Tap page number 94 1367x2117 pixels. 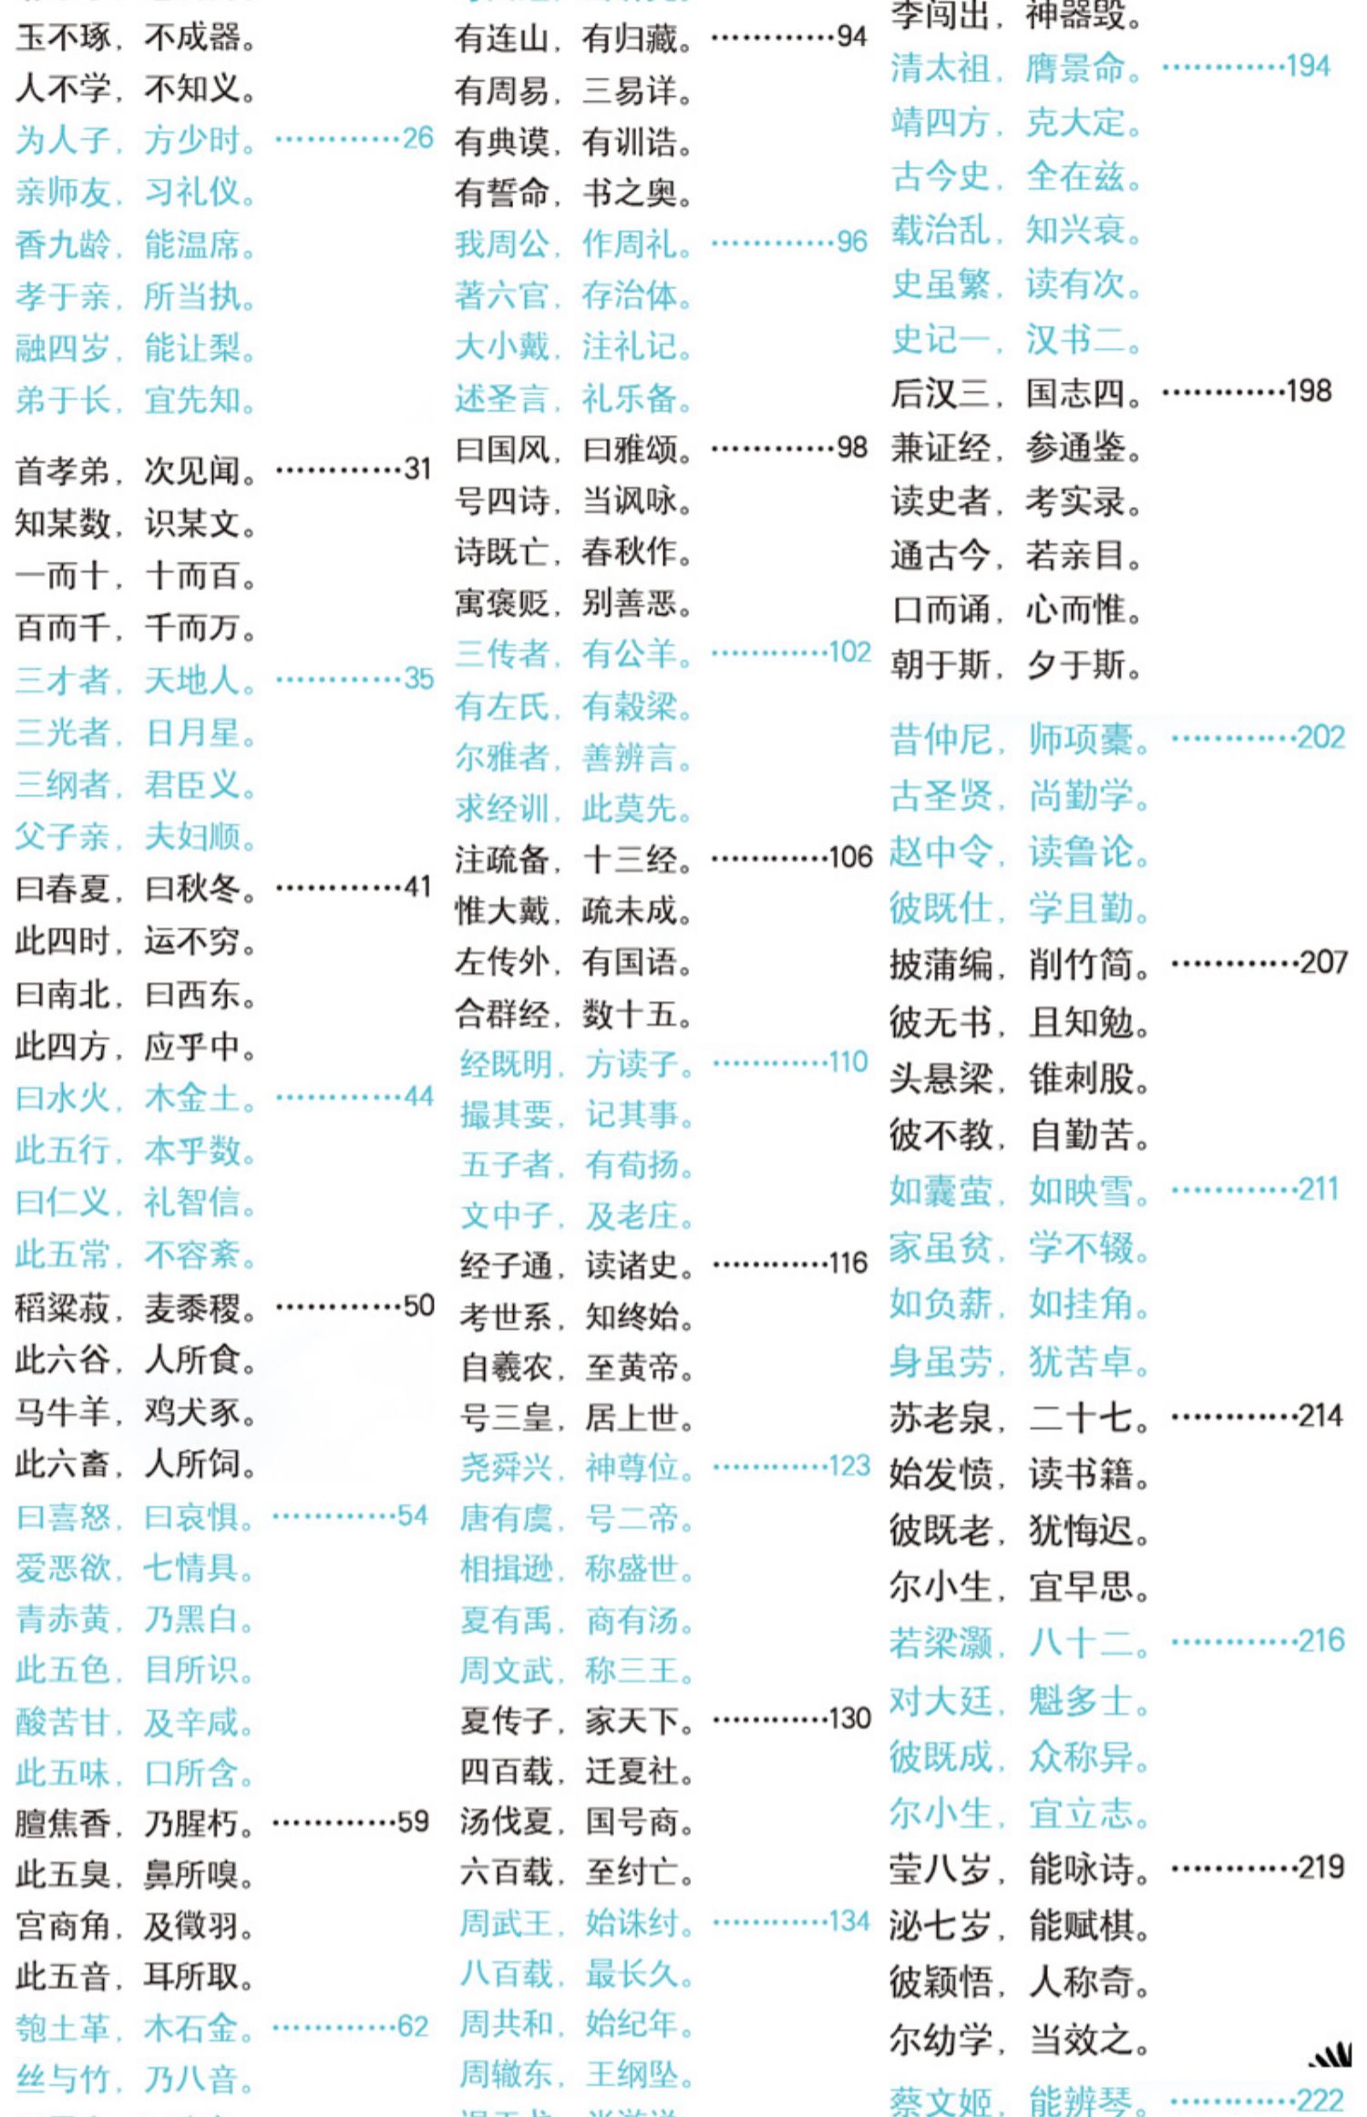click(x=852, y=36)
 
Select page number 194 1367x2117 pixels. click(x=1308, y=67)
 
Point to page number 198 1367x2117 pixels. click(x=1309, y=392)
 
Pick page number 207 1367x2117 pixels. click(x=1323, y=963)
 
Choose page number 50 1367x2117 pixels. click(x=418, y=1306)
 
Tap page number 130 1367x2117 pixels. click(x=849, y=1719)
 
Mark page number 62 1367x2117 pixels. click(x=413, y=2026)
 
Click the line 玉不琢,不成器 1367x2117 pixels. click(x=136, y=37)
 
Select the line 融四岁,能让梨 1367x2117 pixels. click(x=136, y=347)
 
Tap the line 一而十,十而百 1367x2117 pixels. click(x=136, y=575)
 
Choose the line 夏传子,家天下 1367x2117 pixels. click(x=577, y=1720)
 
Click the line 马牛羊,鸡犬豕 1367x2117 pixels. click(x=136, y=1411)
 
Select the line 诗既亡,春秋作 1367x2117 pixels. click(x=574, y=552)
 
